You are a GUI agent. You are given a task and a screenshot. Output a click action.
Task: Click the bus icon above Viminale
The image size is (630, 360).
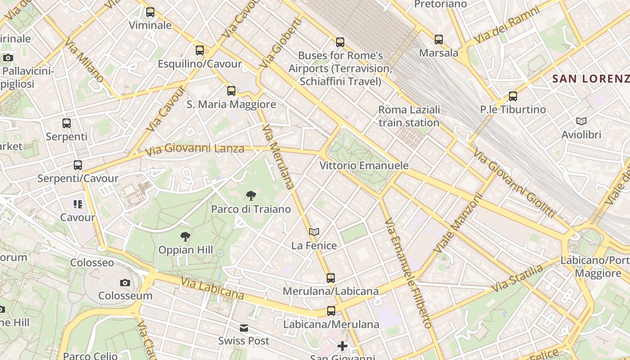coord(150,12)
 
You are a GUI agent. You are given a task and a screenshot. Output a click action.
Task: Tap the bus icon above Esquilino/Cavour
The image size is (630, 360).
coord(200,50)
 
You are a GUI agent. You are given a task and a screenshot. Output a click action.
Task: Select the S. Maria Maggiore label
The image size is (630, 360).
coord(231,104)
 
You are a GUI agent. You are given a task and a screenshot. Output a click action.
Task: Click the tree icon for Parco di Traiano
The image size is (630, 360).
coord(251,196)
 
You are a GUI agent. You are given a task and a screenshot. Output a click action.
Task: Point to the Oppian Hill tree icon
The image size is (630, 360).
coord(185,237)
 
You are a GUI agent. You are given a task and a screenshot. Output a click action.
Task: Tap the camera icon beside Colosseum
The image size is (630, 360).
coord(125,283)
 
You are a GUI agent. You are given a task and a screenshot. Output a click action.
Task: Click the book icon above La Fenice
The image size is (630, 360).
coord(314,232)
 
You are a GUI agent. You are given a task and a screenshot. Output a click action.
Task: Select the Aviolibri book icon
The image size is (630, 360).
coord(581,121)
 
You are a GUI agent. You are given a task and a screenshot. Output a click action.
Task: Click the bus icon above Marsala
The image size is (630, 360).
coord(439,40)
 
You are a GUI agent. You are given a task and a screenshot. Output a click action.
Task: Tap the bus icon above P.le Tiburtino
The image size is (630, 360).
coord(513,96)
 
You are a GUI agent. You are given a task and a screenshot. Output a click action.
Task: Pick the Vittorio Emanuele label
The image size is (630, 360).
coord(364,166)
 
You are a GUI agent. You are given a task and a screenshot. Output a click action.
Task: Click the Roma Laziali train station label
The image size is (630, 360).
coord(409,116)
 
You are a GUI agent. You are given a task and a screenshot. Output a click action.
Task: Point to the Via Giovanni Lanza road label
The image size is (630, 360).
coord(195,148)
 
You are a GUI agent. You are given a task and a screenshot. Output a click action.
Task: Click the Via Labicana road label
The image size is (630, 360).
coord(212,288)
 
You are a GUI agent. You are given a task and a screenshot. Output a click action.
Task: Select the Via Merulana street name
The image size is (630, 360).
coord(278,157)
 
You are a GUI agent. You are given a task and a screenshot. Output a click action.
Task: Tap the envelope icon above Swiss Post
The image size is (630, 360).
coord(244,328)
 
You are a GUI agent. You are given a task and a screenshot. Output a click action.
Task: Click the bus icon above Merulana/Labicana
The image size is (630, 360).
coord(331,278)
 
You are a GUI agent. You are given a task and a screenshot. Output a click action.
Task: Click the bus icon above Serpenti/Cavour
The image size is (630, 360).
coord(78,165)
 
